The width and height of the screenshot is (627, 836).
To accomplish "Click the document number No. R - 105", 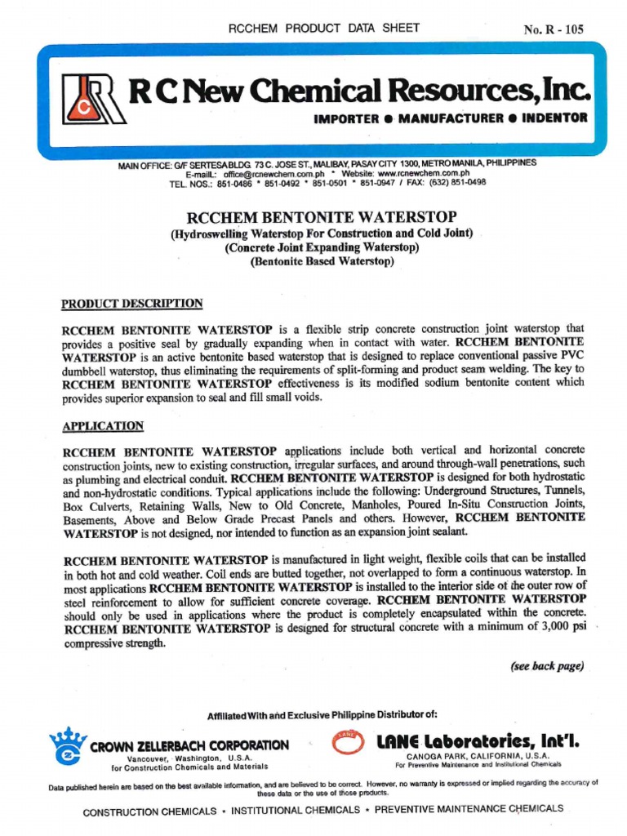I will point(554,30).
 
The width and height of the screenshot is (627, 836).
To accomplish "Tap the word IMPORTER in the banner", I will point(346,118).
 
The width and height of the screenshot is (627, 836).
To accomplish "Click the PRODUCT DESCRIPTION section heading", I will point(132,304).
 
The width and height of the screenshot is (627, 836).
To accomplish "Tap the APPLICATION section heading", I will point(103,426).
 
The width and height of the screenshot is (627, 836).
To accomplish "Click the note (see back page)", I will point(547,666).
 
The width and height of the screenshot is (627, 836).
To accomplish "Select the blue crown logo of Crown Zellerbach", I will point(68,745).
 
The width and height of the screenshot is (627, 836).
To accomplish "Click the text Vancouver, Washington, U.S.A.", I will point(189,758).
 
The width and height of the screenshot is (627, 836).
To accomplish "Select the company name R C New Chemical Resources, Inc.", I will point(359,91).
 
